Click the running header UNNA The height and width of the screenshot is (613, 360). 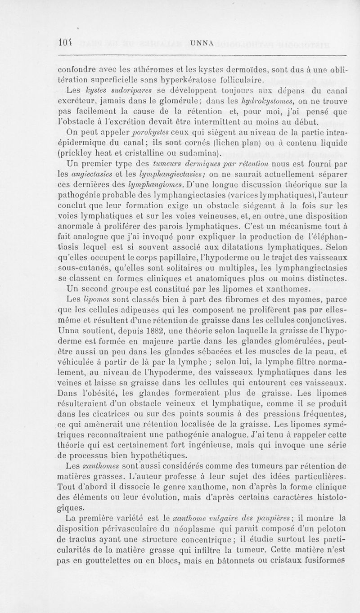(x=201, y=43)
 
